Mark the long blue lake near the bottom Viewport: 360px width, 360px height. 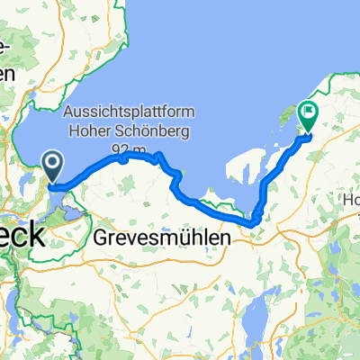[254, 319]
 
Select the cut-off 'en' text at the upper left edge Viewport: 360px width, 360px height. [9, 74]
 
